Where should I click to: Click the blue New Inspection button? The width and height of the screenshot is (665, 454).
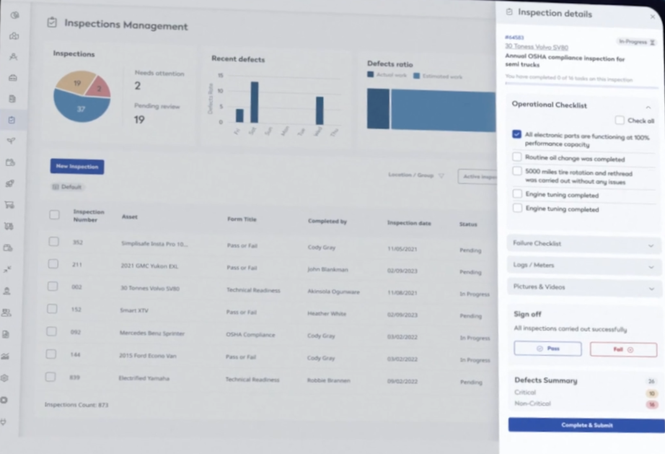pos(77,167)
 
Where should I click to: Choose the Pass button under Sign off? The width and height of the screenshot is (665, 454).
pos(547,349)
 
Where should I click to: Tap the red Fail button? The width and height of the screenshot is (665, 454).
pos(622,349)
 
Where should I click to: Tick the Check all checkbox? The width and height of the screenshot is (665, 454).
pos(620,121)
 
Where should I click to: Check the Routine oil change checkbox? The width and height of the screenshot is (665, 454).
pos(517,157)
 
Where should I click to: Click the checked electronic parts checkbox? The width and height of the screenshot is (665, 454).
pos(517,134)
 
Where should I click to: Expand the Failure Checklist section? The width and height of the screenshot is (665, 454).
pos(583,244)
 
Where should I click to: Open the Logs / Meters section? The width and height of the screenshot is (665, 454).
pos(583,266)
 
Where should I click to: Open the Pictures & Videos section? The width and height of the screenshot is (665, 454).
pos(583,287)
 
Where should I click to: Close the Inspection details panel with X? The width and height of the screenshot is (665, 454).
pos(653,16)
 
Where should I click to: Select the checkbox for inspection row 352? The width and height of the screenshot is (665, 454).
pos(53,242)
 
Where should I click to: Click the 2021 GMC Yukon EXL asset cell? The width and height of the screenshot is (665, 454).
pos(149,266)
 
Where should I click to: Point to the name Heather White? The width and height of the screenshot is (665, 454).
pos(327,314)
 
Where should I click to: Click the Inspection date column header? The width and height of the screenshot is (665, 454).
pos(409,224)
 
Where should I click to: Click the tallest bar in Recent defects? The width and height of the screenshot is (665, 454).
pos(254,102)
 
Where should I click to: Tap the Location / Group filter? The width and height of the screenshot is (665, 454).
pos(416,175)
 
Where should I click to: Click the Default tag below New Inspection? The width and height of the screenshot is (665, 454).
pos(68,187)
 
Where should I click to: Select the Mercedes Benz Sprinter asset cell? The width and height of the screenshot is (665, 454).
pos(152,334)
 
